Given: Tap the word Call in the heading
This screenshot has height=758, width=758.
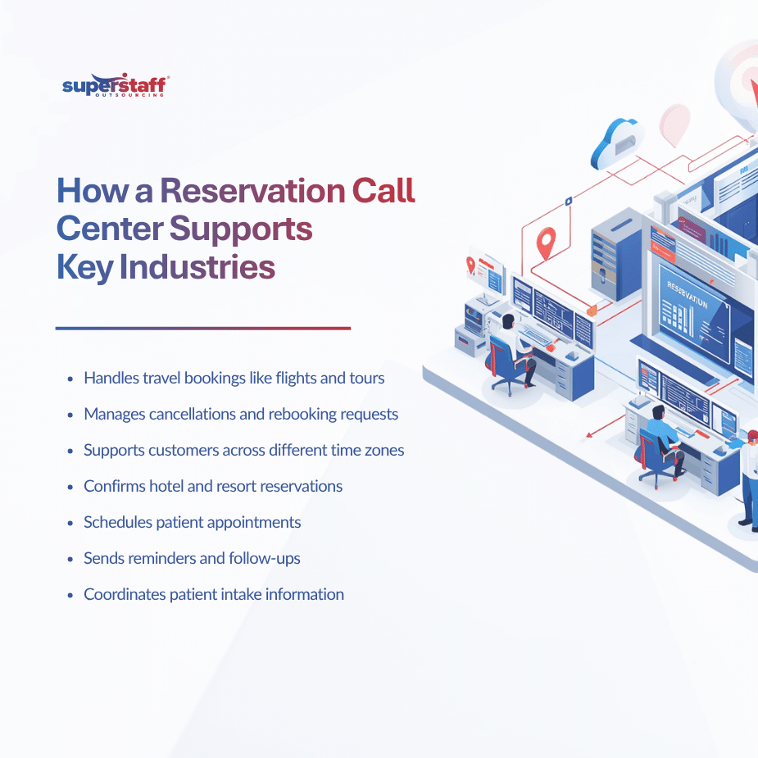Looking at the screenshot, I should [x=384, y=190].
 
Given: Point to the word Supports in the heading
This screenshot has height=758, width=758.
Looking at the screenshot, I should [x=241, y=229].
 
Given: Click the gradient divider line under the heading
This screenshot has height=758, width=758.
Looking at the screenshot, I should [x=203, y=329].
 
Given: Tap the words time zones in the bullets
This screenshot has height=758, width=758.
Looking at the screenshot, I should [x=370, y=451].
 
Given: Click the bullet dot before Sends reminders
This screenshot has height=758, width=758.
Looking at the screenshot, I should [x=70, y=559].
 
